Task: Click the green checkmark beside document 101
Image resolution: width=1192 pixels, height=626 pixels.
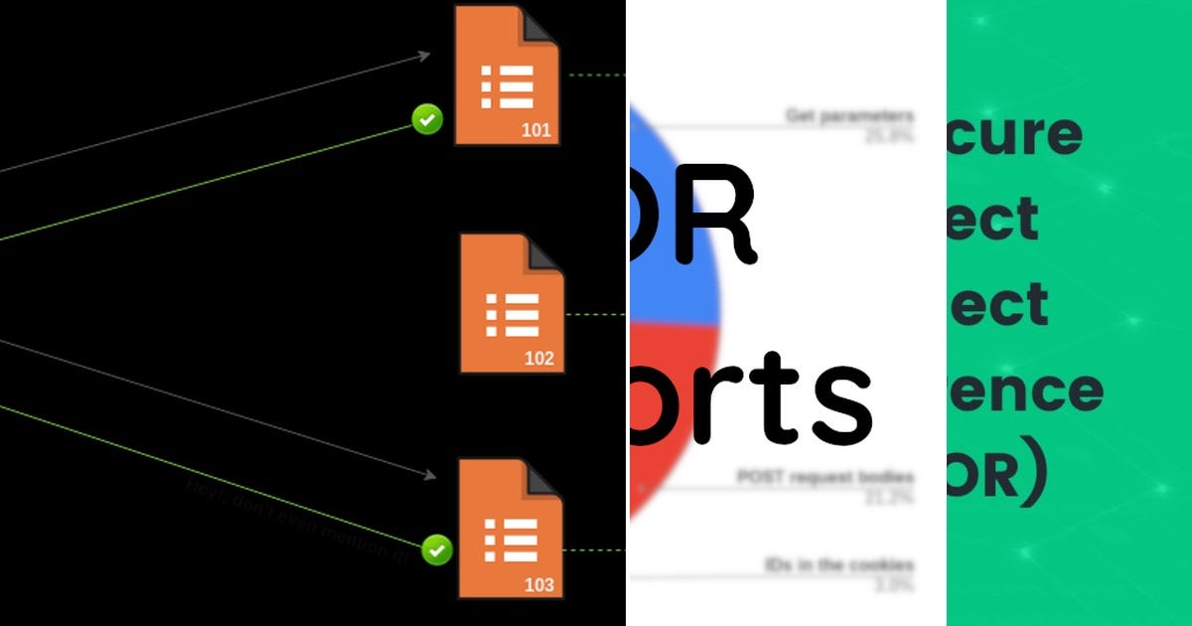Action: pyautogui.click(x=427, y=120)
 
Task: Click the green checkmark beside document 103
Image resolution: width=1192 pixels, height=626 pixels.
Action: pyautogui.click(x=436, y=549)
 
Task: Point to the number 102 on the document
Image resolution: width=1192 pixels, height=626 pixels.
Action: pyautogui.click(x=539, y=359)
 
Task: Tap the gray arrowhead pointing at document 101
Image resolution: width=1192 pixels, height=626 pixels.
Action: pyautogui.click(x=424, y=56)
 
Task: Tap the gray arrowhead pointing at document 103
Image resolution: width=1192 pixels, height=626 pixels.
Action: pyautogui.click(x=429, y=478)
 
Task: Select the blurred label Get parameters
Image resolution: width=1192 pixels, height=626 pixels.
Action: pyautogui.click(x=849, y=116)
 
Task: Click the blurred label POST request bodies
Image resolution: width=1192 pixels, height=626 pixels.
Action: pyautogui.click(x=824, y=477)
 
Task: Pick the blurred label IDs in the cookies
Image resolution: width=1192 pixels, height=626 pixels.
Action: pyautogui.click(x=839, y=565)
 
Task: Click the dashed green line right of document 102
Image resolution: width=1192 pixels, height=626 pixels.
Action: pyautogui.click(x=594, y=314)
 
